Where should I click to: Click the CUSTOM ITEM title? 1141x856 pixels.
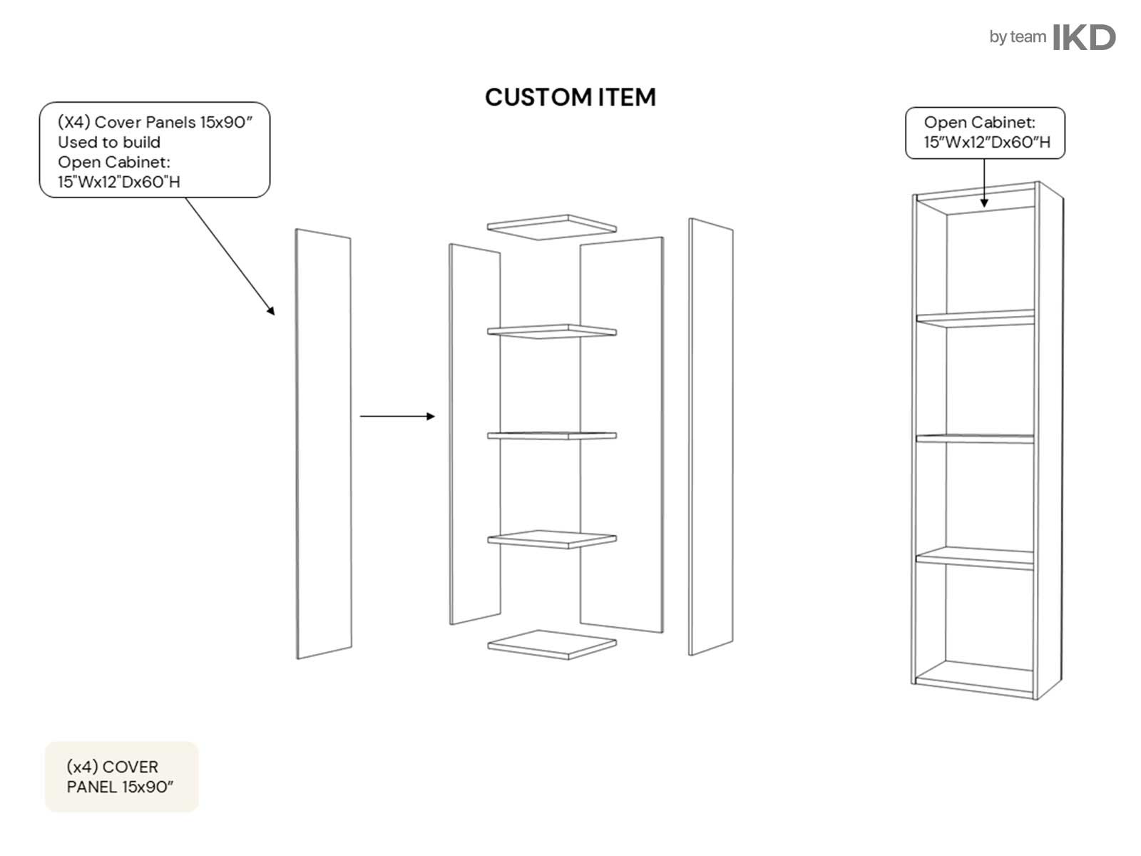click(570, 97)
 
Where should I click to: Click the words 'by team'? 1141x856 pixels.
click(1017, 37)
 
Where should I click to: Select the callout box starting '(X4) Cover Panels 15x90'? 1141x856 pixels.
click(155, 150)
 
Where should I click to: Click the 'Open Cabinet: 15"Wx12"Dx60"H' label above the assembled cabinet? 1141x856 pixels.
click(985, 133)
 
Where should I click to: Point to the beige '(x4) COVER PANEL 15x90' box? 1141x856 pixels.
click(121, 776)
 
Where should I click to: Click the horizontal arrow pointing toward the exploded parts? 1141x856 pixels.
click(397, 416)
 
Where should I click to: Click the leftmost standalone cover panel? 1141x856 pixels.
click(324, 444)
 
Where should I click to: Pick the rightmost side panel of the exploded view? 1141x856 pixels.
click(710, 437)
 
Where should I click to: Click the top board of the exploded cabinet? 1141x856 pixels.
click(552, 223)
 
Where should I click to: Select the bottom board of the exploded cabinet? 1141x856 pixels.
click(552, 643)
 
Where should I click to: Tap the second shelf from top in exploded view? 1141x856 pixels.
click(552, 330)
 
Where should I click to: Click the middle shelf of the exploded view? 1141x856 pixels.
click(552, 435)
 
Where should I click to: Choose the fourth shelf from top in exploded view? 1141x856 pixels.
click(552, 539)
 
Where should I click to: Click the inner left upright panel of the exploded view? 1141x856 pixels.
click(474, 435)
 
